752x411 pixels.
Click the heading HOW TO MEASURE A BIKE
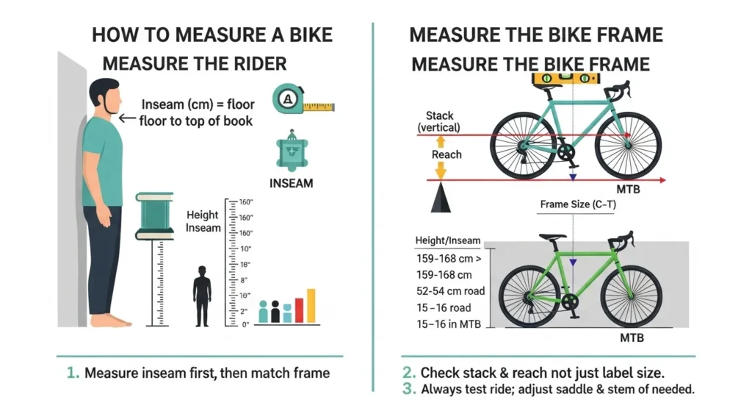pyautogui.click(x=211, y=35)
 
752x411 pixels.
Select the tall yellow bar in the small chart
pyautogui.click(x=311, y=305)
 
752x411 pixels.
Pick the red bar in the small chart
pyautogui.click(x=299, y=310)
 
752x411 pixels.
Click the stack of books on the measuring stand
pyautogui.click(x=154, y=215)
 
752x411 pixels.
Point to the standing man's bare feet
pyautogui.click(x=112, y=320)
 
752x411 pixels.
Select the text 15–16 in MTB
pyautogui.click(x=448, y=324)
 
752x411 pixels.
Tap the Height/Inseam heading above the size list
pyautogui.click(x=446, y=240)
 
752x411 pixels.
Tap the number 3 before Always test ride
pyautogui.click(x=406, y=389)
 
